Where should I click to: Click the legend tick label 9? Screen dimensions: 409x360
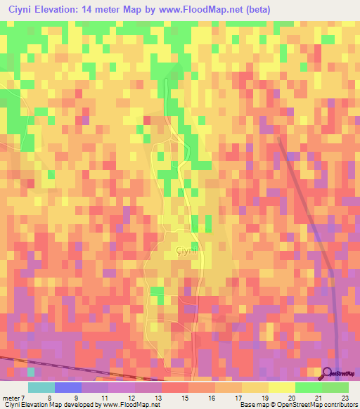pos(76,398)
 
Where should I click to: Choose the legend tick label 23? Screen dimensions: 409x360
pos(345,398)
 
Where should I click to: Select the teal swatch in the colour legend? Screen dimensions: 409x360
pos(41,387)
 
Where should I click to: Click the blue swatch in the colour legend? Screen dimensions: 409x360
pos(67,387)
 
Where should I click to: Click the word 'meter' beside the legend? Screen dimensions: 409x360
pos(11,398)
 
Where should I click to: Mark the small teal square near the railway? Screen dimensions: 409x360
pos(31,371)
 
